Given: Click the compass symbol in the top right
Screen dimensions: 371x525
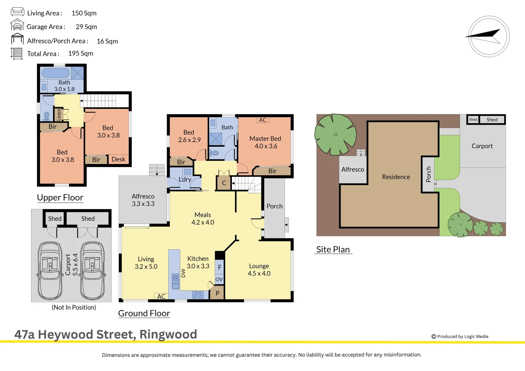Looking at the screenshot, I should (x=489, y=36).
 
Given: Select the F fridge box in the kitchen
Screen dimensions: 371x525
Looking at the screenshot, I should (x=220, y=267).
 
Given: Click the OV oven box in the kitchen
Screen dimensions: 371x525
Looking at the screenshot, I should (x=219, y=279).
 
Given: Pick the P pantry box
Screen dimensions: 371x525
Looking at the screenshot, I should (x=217, y=293).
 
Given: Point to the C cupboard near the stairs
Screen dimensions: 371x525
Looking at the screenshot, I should (x=224, y=183).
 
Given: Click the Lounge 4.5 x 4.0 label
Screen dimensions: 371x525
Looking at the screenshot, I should (x=259, y=270).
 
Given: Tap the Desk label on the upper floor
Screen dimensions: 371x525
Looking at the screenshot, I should (x=119, y=159).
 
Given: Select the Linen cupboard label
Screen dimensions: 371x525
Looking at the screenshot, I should (x=59, y=114).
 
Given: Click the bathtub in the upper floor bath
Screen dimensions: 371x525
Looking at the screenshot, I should (x=56, y=73).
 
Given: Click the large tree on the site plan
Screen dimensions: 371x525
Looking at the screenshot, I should (x=335, y=134).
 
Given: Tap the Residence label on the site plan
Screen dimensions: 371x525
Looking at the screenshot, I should (x=396, y=177).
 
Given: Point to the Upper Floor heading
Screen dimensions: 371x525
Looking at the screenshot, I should (x=60, y=198).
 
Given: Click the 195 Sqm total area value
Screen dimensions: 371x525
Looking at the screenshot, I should (x=81, y=53).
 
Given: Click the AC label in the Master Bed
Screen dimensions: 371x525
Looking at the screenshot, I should (x=262, y=120).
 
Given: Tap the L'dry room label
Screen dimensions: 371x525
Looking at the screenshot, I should (x=185, y=179).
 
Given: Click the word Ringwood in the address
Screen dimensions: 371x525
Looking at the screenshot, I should (x=168, y=334).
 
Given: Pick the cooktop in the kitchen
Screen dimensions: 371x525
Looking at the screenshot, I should (x=198, y=295).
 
